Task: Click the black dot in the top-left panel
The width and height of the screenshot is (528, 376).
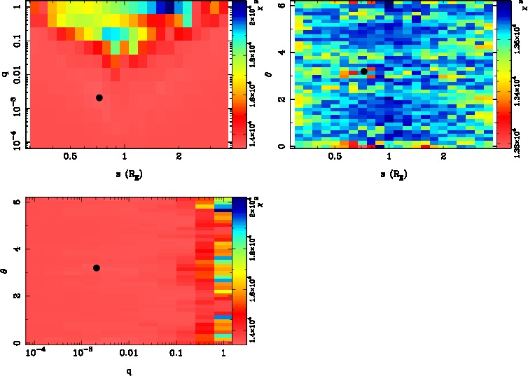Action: [99, 97]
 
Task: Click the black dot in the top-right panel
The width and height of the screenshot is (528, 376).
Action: [364, 71]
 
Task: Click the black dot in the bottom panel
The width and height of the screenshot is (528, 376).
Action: [97, 267]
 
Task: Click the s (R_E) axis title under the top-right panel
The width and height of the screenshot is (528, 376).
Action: [390, 173]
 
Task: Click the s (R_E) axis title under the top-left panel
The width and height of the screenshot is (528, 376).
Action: [125, 173]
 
